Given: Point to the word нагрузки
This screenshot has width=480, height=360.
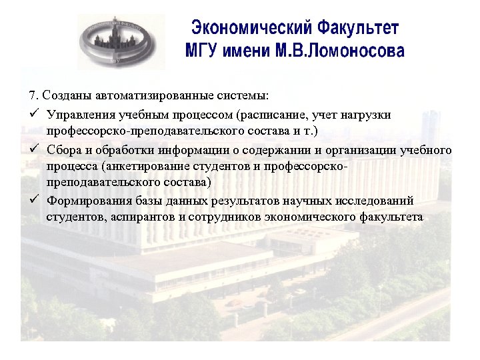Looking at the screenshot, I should coord(366,114).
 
